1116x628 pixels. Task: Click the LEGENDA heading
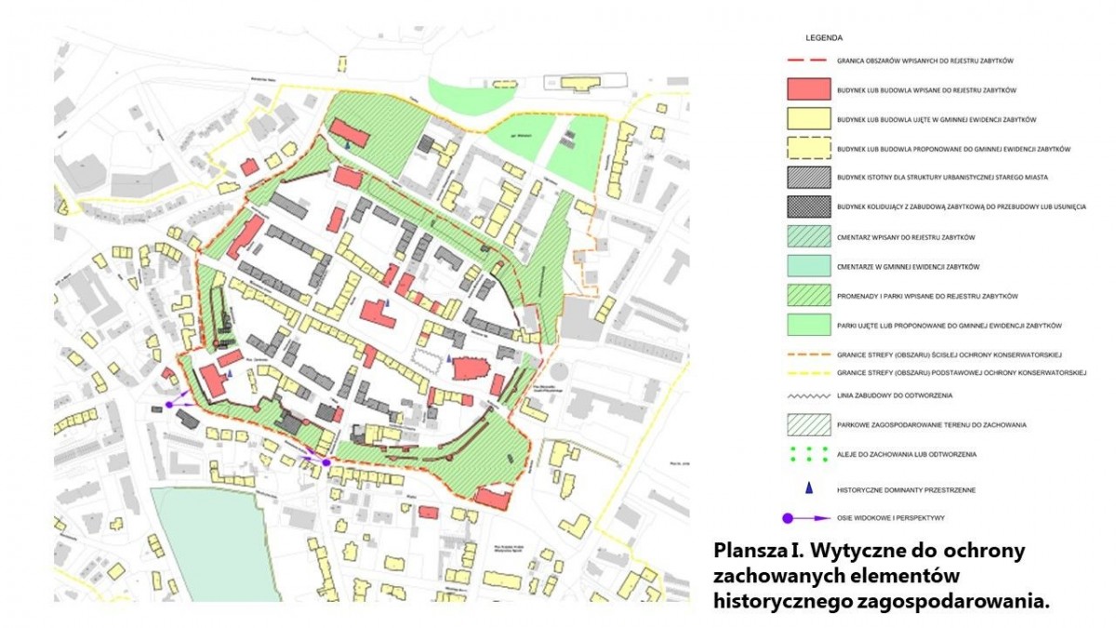pos(826,38)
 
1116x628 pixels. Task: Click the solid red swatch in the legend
pos(807,89)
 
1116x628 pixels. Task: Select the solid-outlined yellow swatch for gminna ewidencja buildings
pos(807,119)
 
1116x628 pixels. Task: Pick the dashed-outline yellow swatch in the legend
pos(807,149)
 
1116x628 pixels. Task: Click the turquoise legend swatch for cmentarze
pos(807,266)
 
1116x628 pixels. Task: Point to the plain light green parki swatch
pos(807,326)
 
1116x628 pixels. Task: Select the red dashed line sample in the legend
pos(807,60)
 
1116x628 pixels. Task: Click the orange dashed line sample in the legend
pos(807,354)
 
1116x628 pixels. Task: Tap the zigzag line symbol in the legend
pos(807,396)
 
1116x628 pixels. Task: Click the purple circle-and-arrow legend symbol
pos(807,518)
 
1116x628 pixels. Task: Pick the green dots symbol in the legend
pos(807,455)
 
